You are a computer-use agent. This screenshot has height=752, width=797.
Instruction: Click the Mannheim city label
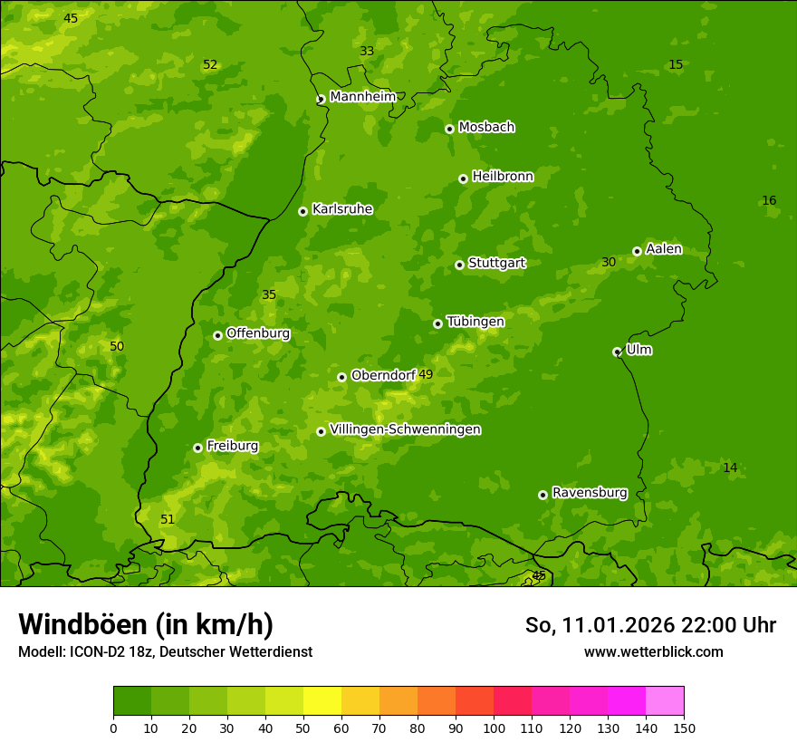362,97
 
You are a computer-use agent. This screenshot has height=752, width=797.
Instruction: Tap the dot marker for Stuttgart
459,265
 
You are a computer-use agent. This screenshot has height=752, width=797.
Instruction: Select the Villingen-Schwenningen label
405,429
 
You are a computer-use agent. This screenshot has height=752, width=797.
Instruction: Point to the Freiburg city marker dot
197,448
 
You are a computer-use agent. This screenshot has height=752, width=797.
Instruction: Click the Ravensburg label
589,493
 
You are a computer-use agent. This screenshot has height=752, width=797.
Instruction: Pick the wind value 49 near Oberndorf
426,374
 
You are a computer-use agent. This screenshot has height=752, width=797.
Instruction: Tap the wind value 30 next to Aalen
609,262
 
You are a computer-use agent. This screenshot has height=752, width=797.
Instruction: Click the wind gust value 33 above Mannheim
367,51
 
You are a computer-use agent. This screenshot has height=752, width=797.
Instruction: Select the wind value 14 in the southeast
730,468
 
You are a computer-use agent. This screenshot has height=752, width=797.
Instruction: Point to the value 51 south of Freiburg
168,519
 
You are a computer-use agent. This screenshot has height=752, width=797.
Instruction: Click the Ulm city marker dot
617,352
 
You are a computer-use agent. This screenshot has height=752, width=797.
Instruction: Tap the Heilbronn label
503,177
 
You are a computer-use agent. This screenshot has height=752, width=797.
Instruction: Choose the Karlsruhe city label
341,209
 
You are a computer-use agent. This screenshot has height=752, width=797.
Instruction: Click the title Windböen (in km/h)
146,624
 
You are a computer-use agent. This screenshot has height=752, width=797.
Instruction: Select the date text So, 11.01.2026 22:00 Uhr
650,625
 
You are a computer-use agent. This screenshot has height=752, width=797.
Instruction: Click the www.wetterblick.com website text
653,652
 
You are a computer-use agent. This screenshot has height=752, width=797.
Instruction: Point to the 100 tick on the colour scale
494,728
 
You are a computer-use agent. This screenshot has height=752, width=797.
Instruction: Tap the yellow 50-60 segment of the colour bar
322,701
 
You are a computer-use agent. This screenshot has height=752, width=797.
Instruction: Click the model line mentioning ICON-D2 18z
165,652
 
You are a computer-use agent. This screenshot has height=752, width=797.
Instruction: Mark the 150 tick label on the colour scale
684,728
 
